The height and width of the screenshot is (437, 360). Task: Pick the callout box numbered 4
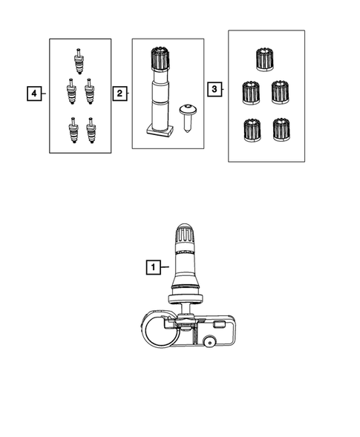[32, 93]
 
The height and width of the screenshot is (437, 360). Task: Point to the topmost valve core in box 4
[78, 59]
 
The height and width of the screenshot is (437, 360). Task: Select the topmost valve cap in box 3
[264, 57]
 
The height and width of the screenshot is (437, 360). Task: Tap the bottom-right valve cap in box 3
[280, 129]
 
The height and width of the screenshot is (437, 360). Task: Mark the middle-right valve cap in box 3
[280, 92]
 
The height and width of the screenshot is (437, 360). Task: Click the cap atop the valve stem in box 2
[158, 58]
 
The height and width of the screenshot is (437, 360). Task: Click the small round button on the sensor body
[211, 342]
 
